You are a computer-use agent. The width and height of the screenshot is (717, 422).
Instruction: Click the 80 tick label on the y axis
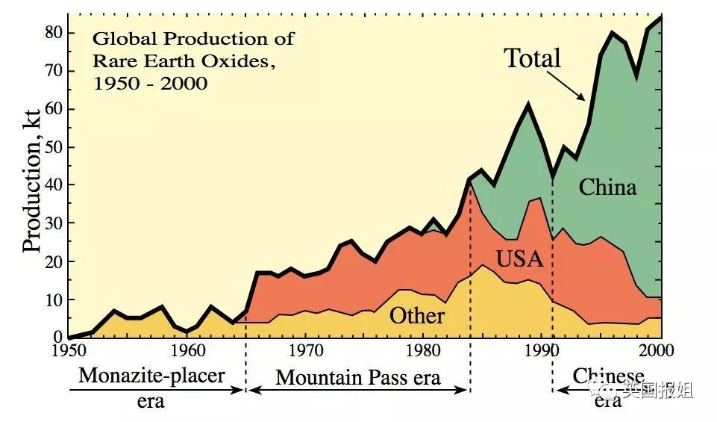point(53,33)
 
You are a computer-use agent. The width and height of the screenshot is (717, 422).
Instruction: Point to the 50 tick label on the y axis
point(53,147)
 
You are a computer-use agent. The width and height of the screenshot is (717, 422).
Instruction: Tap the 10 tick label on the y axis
point(53,300)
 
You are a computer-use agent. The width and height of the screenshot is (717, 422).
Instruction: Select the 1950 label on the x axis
point(69,350)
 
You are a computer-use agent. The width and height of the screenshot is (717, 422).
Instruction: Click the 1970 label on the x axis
point(306,350)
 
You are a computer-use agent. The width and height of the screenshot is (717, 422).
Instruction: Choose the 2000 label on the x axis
point(657,350)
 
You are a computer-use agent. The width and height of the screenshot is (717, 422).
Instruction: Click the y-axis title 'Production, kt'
point(32,180)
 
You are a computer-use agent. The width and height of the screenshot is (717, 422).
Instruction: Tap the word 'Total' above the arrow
point(532,58)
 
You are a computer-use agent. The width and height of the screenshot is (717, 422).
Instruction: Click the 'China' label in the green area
point(608,187)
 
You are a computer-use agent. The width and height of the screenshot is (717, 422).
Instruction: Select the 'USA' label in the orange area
point(520,259)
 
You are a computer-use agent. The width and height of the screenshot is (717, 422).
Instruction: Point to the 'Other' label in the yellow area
point(417,316)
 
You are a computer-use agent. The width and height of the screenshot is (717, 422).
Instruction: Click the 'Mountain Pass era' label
point(358,378)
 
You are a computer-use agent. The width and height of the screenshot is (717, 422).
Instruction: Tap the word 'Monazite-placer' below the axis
point(151,376)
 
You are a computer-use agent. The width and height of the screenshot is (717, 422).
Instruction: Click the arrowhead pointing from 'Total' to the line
point(580,96)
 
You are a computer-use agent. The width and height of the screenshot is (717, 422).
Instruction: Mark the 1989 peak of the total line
point(528,105)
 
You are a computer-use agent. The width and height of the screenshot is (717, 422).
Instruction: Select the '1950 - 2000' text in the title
point(151,84)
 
